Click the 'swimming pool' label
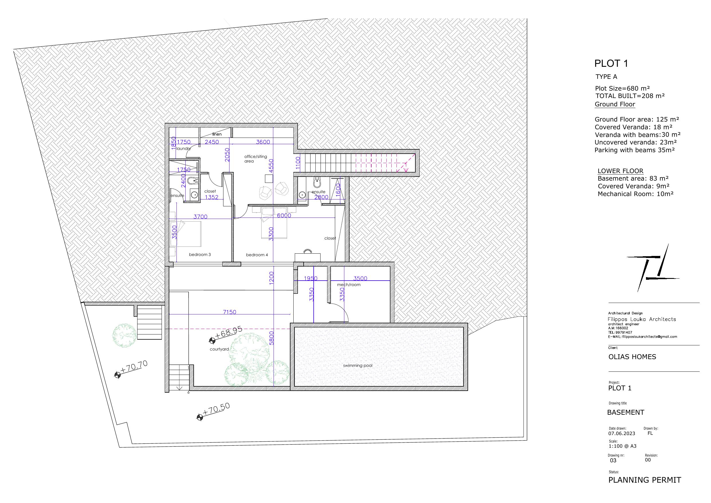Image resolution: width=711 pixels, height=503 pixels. (358, 366)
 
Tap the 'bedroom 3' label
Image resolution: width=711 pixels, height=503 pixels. (200, 255)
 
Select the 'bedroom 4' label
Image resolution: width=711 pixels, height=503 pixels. (257, 255)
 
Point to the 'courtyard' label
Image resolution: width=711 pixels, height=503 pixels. (219, 349)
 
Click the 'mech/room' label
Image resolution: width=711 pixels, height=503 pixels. (349, 285)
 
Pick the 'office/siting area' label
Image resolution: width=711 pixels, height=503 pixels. (256, 159)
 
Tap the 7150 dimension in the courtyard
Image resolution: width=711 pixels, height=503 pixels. (229, 312)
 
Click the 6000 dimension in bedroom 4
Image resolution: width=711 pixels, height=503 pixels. (284, 216)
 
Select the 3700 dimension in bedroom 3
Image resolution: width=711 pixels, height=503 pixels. (200, 217)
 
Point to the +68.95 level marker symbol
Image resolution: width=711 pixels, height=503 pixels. (213, 340)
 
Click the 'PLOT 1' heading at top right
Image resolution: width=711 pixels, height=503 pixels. (611, 64)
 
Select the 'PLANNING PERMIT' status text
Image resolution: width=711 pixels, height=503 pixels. (645, 480)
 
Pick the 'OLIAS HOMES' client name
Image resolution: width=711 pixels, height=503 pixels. (632, 357)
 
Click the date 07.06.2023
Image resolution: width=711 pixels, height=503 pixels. (622, 434)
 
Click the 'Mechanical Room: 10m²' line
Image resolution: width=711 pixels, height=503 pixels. (636, 194)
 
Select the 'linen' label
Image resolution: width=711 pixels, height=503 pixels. (217, 134)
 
